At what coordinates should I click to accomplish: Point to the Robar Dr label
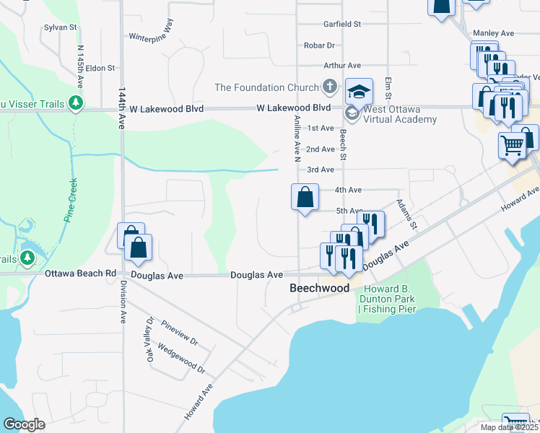317,45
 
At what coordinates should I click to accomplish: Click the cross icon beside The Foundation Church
329,87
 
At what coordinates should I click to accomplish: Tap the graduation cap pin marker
359,92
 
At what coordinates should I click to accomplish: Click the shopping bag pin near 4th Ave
305,196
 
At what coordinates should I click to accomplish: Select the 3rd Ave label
320,170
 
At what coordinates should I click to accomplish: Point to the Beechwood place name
319,288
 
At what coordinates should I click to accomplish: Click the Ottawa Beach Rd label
80,274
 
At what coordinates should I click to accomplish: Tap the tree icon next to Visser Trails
76,104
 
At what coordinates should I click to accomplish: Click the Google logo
23,424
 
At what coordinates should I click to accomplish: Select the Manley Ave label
492,33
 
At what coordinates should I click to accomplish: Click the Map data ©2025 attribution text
510,427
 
